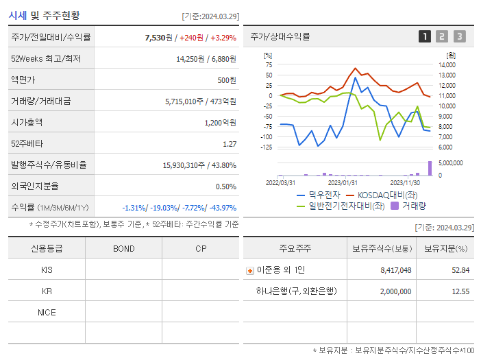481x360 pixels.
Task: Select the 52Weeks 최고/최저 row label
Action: point(46,58)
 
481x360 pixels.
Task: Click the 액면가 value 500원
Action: point(226,80)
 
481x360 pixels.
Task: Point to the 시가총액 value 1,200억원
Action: point(220,122)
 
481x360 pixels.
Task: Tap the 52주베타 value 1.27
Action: point(230,143)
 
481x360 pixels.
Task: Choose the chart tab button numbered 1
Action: point(425,37)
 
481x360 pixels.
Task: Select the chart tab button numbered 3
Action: point(459,37)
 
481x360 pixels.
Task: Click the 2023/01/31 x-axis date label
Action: point(343,182)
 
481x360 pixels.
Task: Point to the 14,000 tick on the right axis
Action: point(447,64)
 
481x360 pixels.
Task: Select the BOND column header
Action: point(123,248)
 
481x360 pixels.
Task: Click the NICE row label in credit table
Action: point(47,312)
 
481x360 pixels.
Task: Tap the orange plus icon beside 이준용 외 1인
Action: point(250,270)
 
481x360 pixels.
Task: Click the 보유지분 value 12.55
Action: point(459,291)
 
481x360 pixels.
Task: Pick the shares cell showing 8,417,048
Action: point(395,270)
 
